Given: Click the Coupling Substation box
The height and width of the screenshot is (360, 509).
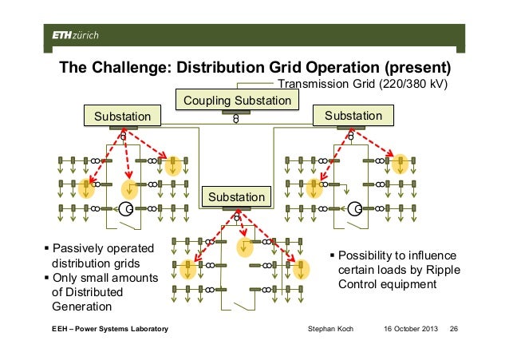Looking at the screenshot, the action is click(237, 101).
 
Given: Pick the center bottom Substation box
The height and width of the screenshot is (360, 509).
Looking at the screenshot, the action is click(236, 196).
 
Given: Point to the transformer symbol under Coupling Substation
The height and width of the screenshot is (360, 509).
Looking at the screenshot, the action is click(236, 118).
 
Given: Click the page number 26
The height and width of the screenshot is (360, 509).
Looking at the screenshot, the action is click(456, 330).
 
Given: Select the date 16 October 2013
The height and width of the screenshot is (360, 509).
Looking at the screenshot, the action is click(404, 330).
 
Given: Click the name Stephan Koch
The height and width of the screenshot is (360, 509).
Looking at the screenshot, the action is click(330, 330).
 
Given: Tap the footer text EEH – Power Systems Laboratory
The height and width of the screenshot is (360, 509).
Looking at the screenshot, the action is click(105, 330).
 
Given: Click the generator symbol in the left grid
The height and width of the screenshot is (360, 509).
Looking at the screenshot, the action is click(126, 209).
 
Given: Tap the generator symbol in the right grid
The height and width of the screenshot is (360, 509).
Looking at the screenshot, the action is click(356, 209).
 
